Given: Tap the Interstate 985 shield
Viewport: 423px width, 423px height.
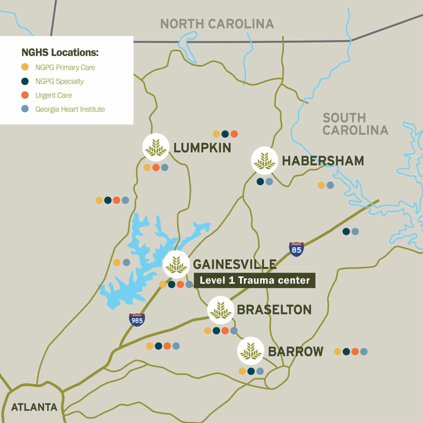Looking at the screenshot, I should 137,320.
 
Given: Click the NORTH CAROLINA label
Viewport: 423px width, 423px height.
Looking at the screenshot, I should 217,24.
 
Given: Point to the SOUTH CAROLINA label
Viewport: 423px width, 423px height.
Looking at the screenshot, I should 355,124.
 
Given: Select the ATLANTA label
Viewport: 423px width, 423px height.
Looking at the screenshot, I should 34,407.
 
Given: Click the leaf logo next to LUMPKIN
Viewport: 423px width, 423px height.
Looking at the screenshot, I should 156,147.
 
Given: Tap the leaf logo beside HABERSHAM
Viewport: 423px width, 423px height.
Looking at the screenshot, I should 264,161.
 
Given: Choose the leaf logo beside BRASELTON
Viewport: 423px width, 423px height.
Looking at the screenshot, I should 220,310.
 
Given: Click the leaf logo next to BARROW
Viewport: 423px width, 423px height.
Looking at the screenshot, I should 250,351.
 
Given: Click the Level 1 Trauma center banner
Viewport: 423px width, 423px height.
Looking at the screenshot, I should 254,280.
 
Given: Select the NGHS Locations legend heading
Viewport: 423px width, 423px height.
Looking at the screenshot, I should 60,52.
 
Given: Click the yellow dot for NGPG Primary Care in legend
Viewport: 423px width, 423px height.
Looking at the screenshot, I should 25,67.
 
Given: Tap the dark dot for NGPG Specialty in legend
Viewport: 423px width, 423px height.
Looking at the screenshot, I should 25,81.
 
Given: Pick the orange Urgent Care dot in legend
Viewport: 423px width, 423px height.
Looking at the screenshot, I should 25,95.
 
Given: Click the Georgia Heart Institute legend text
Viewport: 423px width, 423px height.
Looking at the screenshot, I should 70,109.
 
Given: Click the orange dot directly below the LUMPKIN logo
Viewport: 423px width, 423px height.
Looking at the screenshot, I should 156,167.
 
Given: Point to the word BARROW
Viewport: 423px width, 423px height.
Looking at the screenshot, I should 295,352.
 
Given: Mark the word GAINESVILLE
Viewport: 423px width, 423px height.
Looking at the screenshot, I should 235,264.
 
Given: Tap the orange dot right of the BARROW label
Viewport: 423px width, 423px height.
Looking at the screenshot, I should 355,351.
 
